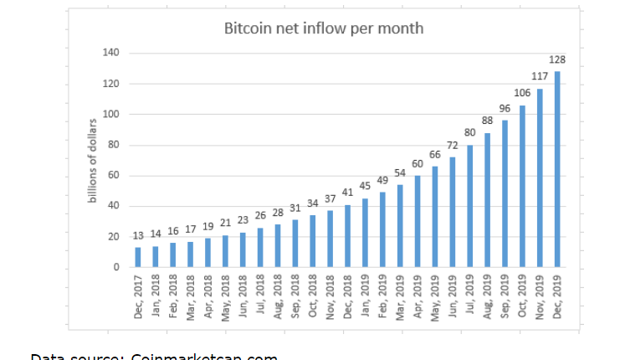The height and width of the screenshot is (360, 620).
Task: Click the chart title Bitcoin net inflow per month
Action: (323, 28)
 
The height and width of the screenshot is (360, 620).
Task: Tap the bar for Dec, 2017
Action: (138, 257)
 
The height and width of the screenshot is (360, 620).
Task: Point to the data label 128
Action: (557, 59)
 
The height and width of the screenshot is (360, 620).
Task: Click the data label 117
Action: (540, 76)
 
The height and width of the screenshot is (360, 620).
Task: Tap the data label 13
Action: (138, 235)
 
